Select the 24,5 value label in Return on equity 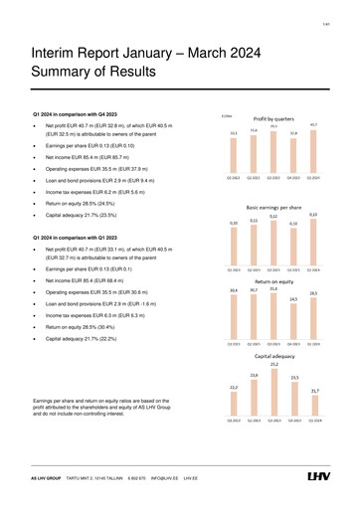[x=294, y=298]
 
